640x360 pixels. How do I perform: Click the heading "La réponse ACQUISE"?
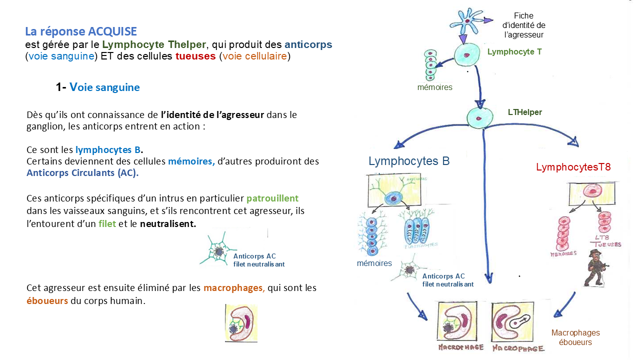pos(81,31)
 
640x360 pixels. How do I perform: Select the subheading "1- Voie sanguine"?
pos(98,87)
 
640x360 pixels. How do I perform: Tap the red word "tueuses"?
pos(195,56)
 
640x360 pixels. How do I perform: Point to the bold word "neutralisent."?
pos(168,223)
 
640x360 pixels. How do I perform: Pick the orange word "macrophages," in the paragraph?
pos(234,288)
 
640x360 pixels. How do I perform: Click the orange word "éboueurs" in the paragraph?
pos(47,301)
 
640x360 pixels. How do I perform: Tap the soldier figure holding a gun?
pos(595,267)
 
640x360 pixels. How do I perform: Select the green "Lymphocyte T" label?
pos(514,51)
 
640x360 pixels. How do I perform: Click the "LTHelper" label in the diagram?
pos(524,112)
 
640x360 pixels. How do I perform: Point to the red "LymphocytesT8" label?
pos(573,167)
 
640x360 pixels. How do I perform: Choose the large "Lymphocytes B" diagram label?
pos(409,161)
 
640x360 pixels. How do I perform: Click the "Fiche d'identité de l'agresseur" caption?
pos(524,25)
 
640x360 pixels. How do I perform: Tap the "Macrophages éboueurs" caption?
pos(575,337)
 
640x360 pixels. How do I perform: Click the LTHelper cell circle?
pos(479,118)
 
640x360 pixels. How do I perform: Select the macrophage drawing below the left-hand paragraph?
pos(241,323)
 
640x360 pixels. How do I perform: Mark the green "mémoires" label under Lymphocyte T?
pos(434,87)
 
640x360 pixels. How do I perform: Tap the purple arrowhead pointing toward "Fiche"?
pos(488,20)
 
